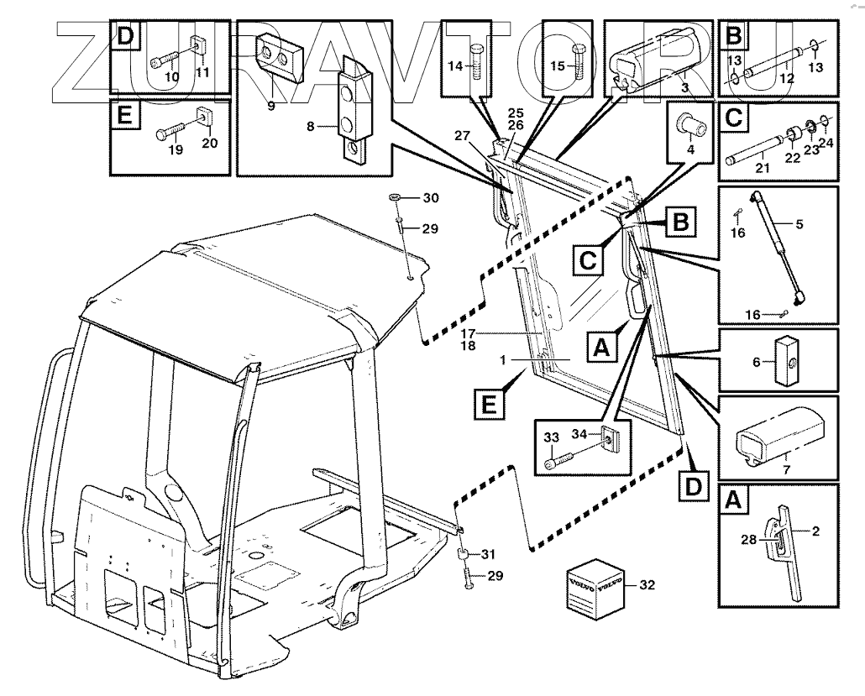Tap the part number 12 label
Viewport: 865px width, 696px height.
pos(787,78)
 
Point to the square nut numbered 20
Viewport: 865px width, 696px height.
pos(204,117)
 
